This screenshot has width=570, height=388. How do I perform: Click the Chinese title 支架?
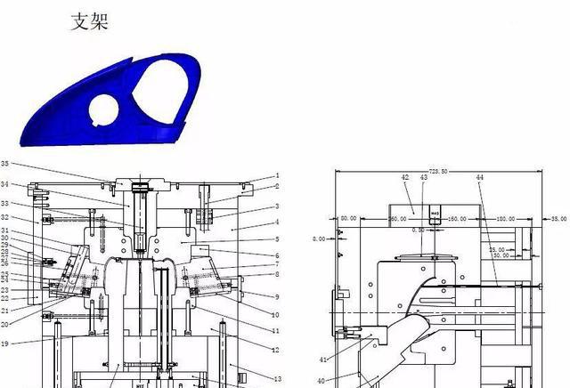(89, 21)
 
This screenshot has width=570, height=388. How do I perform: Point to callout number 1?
(277, 176)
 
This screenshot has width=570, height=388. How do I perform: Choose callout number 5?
(277, 239)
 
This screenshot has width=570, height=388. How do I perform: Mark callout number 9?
(277, 296)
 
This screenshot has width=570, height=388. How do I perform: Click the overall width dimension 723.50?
(437, 171)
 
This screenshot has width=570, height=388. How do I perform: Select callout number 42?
(405, 178)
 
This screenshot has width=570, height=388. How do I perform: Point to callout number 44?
(479, 178)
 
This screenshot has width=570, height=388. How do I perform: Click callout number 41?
(323, 359)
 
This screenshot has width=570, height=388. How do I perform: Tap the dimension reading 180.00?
(506, 217)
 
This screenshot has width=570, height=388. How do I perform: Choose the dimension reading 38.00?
(558, 217)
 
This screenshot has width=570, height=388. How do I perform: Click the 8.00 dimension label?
(318, 238)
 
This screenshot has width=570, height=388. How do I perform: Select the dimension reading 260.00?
(371, 217)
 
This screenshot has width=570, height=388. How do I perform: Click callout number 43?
(424, 178)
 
